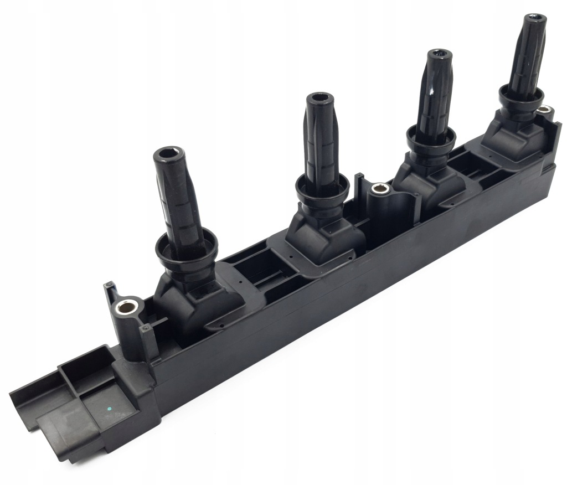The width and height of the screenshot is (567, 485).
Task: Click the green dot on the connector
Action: click(x=110, y=409)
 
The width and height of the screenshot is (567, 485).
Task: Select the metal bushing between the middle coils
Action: click(x=379, y=189)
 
